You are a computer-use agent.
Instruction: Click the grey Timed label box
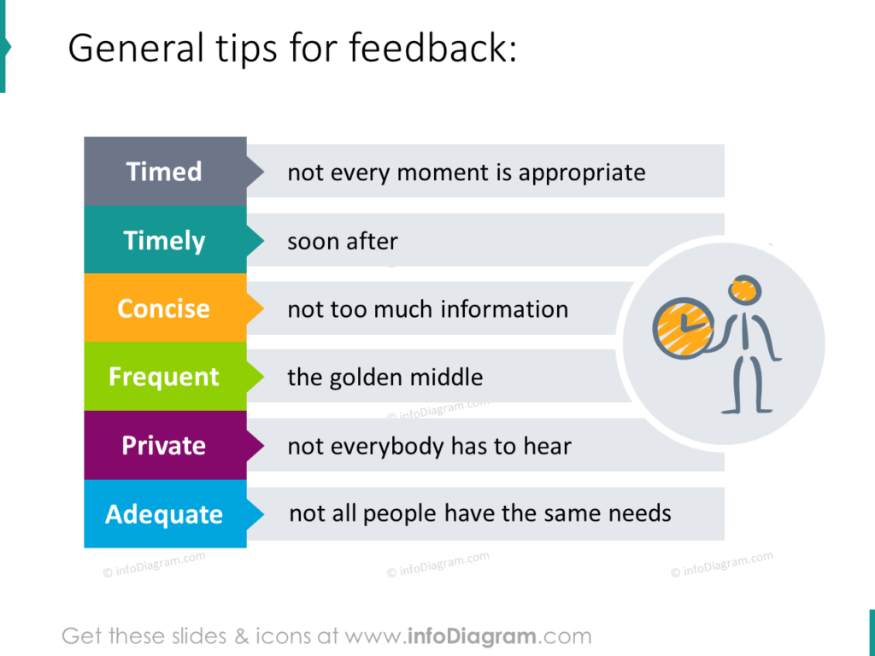click(165, 172)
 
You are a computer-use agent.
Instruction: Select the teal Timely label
click(165, 240)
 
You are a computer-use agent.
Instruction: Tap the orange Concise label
click(163, 308)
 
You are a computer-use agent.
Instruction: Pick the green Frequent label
click(164, 377)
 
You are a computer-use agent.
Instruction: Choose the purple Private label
click(164, 445)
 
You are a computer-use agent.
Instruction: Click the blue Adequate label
click(164, 514)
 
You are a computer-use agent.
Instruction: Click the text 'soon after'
click(343, 242)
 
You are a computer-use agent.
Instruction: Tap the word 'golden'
click(371, 377)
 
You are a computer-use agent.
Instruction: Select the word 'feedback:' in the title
click(432, 50)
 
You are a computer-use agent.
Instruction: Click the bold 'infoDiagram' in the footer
click(471, 636)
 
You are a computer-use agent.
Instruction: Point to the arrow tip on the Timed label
click(258, 172)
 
